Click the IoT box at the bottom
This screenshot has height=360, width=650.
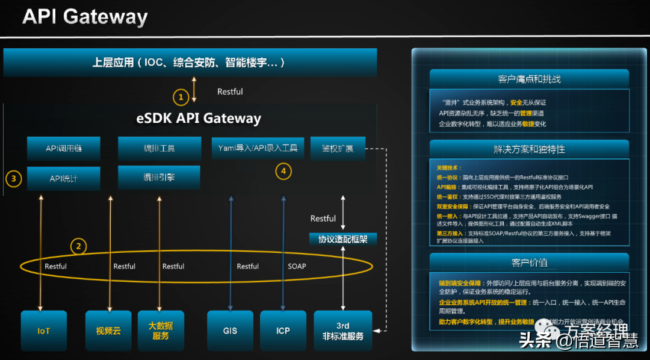tap(43, 331)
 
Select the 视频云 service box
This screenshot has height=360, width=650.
tap(108, 331)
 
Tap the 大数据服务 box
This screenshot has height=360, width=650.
tap(161, 331)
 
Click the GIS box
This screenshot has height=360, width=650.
tap(230, 331)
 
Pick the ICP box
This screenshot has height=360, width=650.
tap(283, 331)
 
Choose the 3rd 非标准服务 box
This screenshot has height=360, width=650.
tap(342, 331)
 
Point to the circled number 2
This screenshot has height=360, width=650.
tap(78, 246)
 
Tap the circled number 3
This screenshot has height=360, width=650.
tap(14, 178)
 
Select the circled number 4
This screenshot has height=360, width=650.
tap(284, 172)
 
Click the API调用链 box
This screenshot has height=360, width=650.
tap(64, 148)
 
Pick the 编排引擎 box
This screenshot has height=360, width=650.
tap(159, 178)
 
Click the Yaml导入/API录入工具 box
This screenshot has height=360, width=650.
tap(258, 148)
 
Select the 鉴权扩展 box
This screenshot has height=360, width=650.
tap(338, 148)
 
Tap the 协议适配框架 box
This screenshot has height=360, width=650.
tap(342, 239)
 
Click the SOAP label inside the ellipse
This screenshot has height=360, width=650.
tap(297, 266)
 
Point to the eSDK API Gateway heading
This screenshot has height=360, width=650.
tap(199, 118)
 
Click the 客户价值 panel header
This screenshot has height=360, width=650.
tap(529, 263)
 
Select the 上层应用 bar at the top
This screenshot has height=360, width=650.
tap(190, 63)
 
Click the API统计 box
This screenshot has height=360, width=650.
tap(64, 179)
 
